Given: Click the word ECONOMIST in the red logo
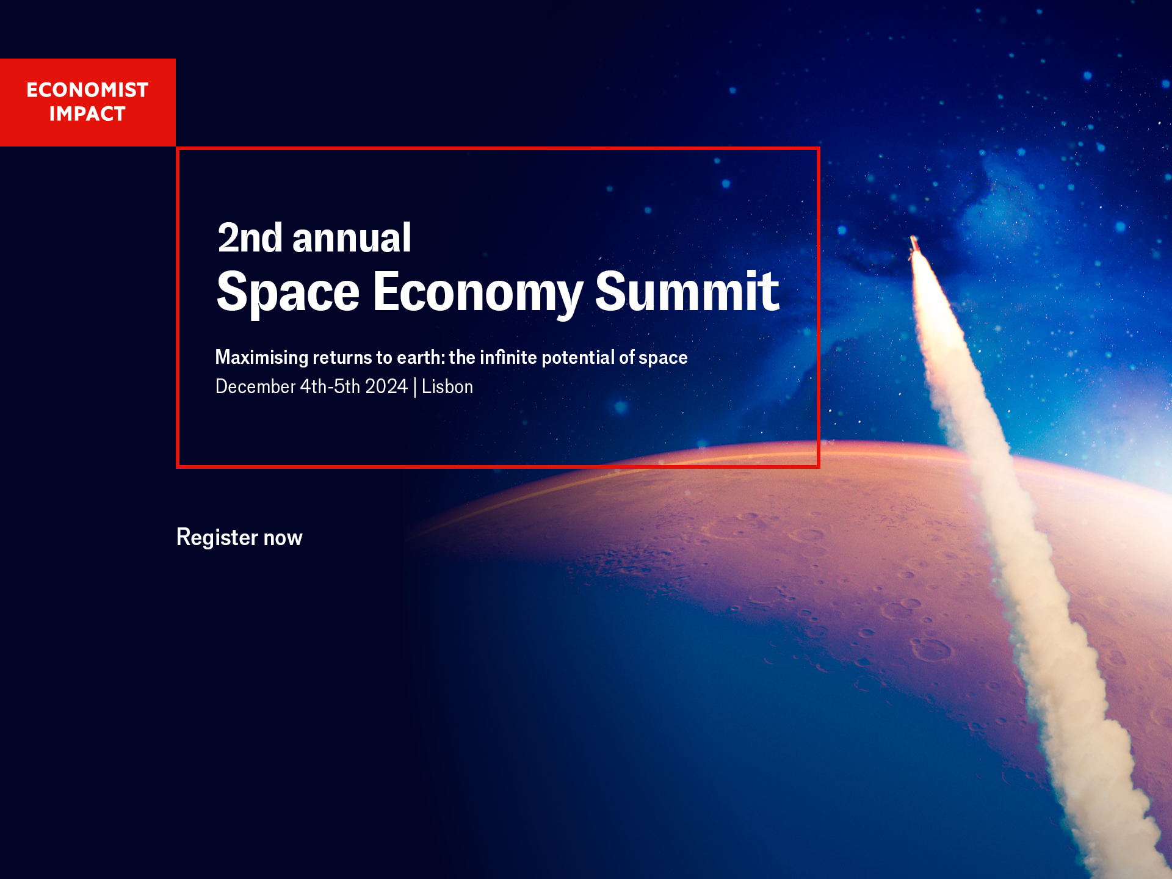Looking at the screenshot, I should pyautogui.click(x=87, y=90).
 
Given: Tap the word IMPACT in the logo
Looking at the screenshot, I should pyautogui.click(x=87, y=114).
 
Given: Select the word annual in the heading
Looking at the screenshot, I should pyautogui.click(x=352, y=238).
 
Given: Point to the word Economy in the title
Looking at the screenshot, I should pyautogui.click(x=477, y=292).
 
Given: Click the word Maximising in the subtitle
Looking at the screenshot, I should pyautogui.click(x=262, y=358).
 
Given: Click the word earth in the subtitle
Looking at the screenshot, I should pyautogui.click(x=421, y=357).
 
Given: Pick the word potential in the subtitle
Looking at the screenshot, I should pyautogui.click(x=578, y=357).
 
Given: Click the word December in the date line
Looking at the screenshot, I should pyautogui.click(x=255, y=387).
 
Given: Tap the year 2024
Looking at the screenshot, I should pyautogui.click(x=386, y=387).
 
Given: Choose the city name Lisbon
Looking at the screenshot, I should pyautogui.click(x=447, y=387).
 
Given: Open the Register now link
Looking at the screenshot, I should pyautogui.click(x=239, y=538).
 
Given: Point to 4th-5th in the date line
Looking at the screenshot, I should pyautogui.click(x=330, y=387).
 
